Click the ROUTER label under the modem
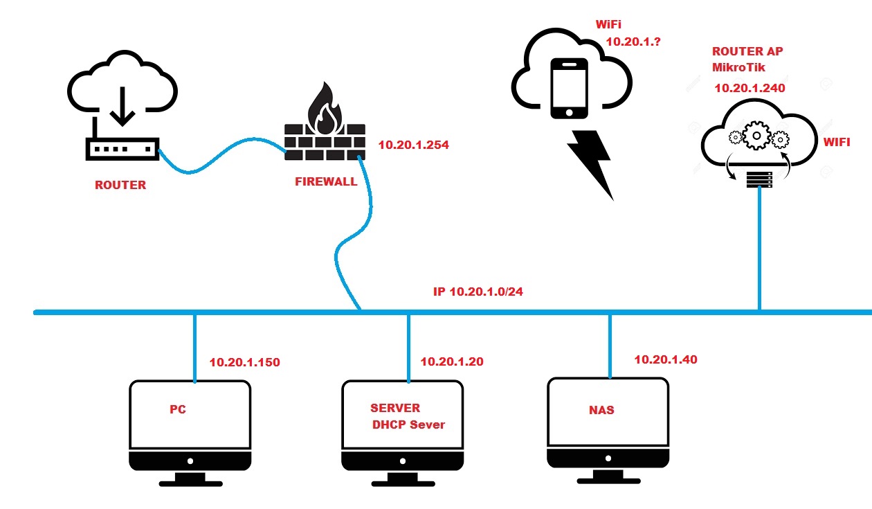tap(120, 186)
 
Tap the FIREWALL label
tap(325, 182)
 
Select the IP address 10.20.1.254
tap(414, 145)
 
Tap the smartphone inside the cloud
tap(570, 88)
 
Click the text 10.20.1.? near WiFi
tap(633, 42)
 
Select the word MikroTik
tap(740, 67)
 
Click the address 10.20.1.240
tap(750, 88)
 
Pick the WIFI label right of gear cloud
tap(836, 142)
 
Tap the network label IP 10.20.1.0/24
tap(478, 292)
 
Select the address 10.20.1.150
tap(244, 362)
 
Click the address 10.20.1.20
tap(452, 361)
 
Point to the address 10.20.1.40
tap(666, 359)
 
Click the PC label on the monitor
tap(178, 409)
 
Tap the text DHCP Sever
tap(408, 425)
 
